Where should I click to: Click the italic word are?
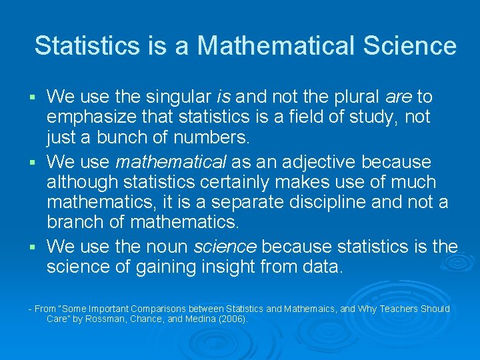[x=399, y=97]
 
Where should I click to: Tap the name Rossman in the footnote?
[x=119, y=319]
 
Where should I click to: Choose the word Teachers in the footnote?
[x=403, y=309]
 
